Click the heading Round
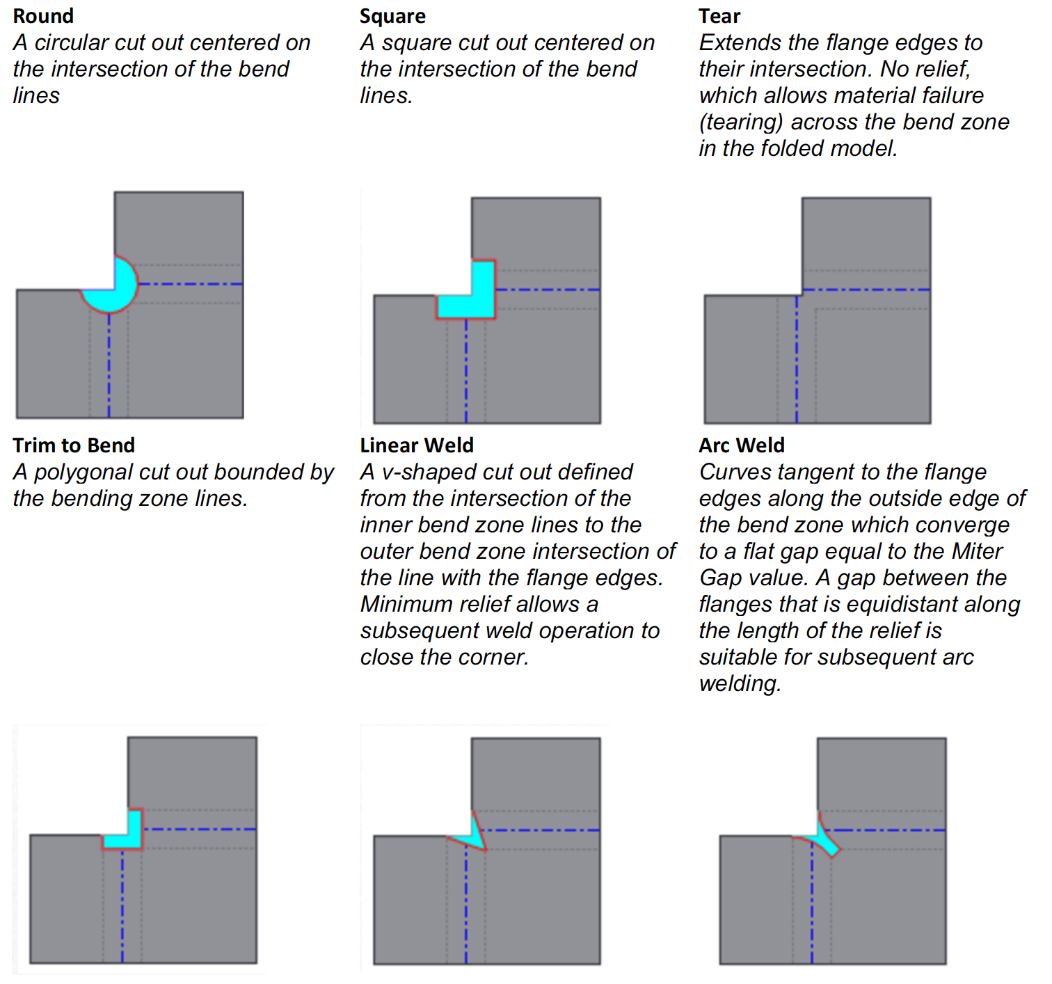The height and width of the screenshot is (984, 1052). point(43,16)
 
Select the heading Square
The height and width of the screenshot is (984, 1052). point(392,16)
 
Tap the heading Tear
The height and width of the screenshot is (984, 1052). point(719,16)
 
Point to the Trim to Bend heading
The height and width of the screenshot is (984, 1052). point(74,445)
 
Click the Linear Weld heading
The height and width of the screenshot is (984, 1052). point(417,445)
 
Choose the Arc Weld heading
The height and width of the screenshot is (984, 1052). point(742,445)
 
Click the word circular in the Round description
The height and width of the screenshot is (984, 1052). point(72,43)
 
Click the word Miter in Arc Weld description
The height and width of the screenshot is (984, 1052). point(977,552)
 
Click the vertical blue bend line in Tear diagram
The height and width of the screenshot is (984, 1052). point(796,362)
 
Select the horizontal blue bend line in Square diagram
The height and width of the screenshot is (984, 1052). point(547,289)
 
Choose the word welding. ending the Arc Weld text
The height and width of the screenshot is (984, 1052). point(740,684)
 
